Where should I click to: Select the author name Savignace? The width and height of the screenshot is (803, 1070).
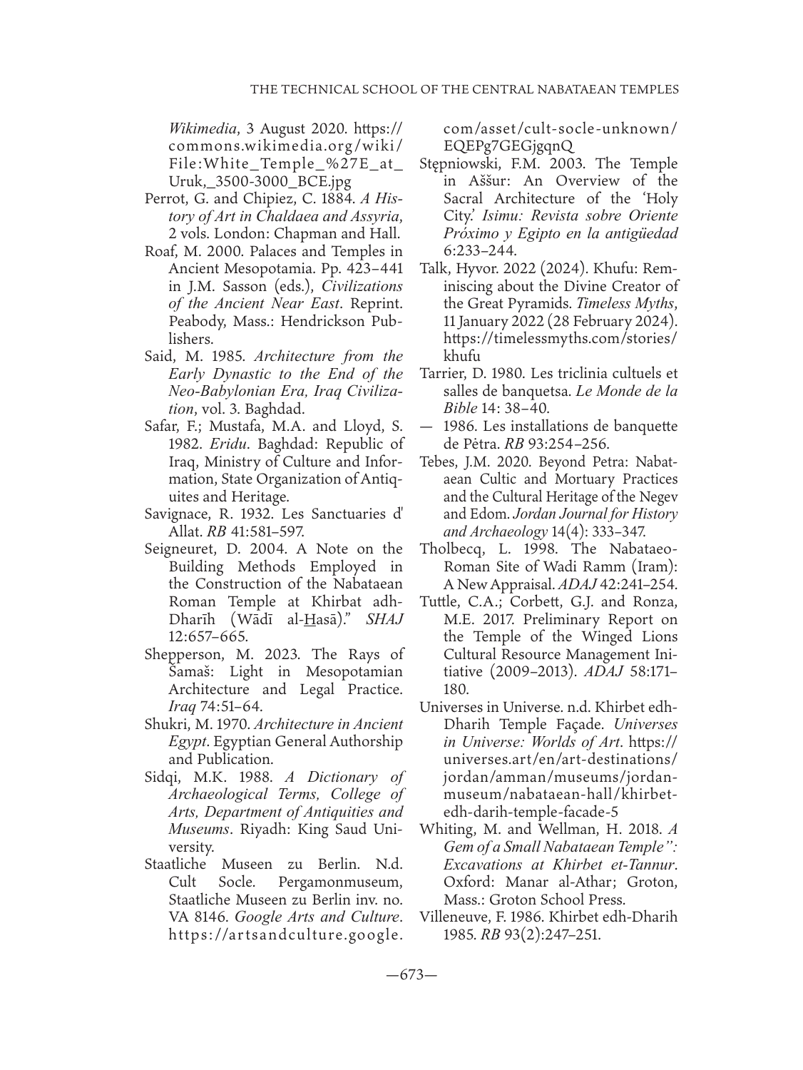pyautogui.click(x=175, y=514)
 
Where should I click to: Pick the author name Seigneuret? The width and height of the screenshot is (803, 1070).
pyautogui.click(x=179, y=549)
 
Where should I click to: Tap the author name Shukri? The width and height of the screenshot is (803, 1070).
pyautogui.click(x=165, y=725)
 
